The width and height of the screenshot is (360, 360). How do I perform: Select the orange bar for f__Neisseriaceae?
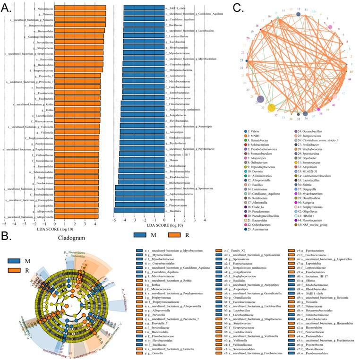tap(80, 8)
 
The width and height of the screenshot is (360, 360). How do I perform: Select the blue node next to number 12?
tap(299, 14)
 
